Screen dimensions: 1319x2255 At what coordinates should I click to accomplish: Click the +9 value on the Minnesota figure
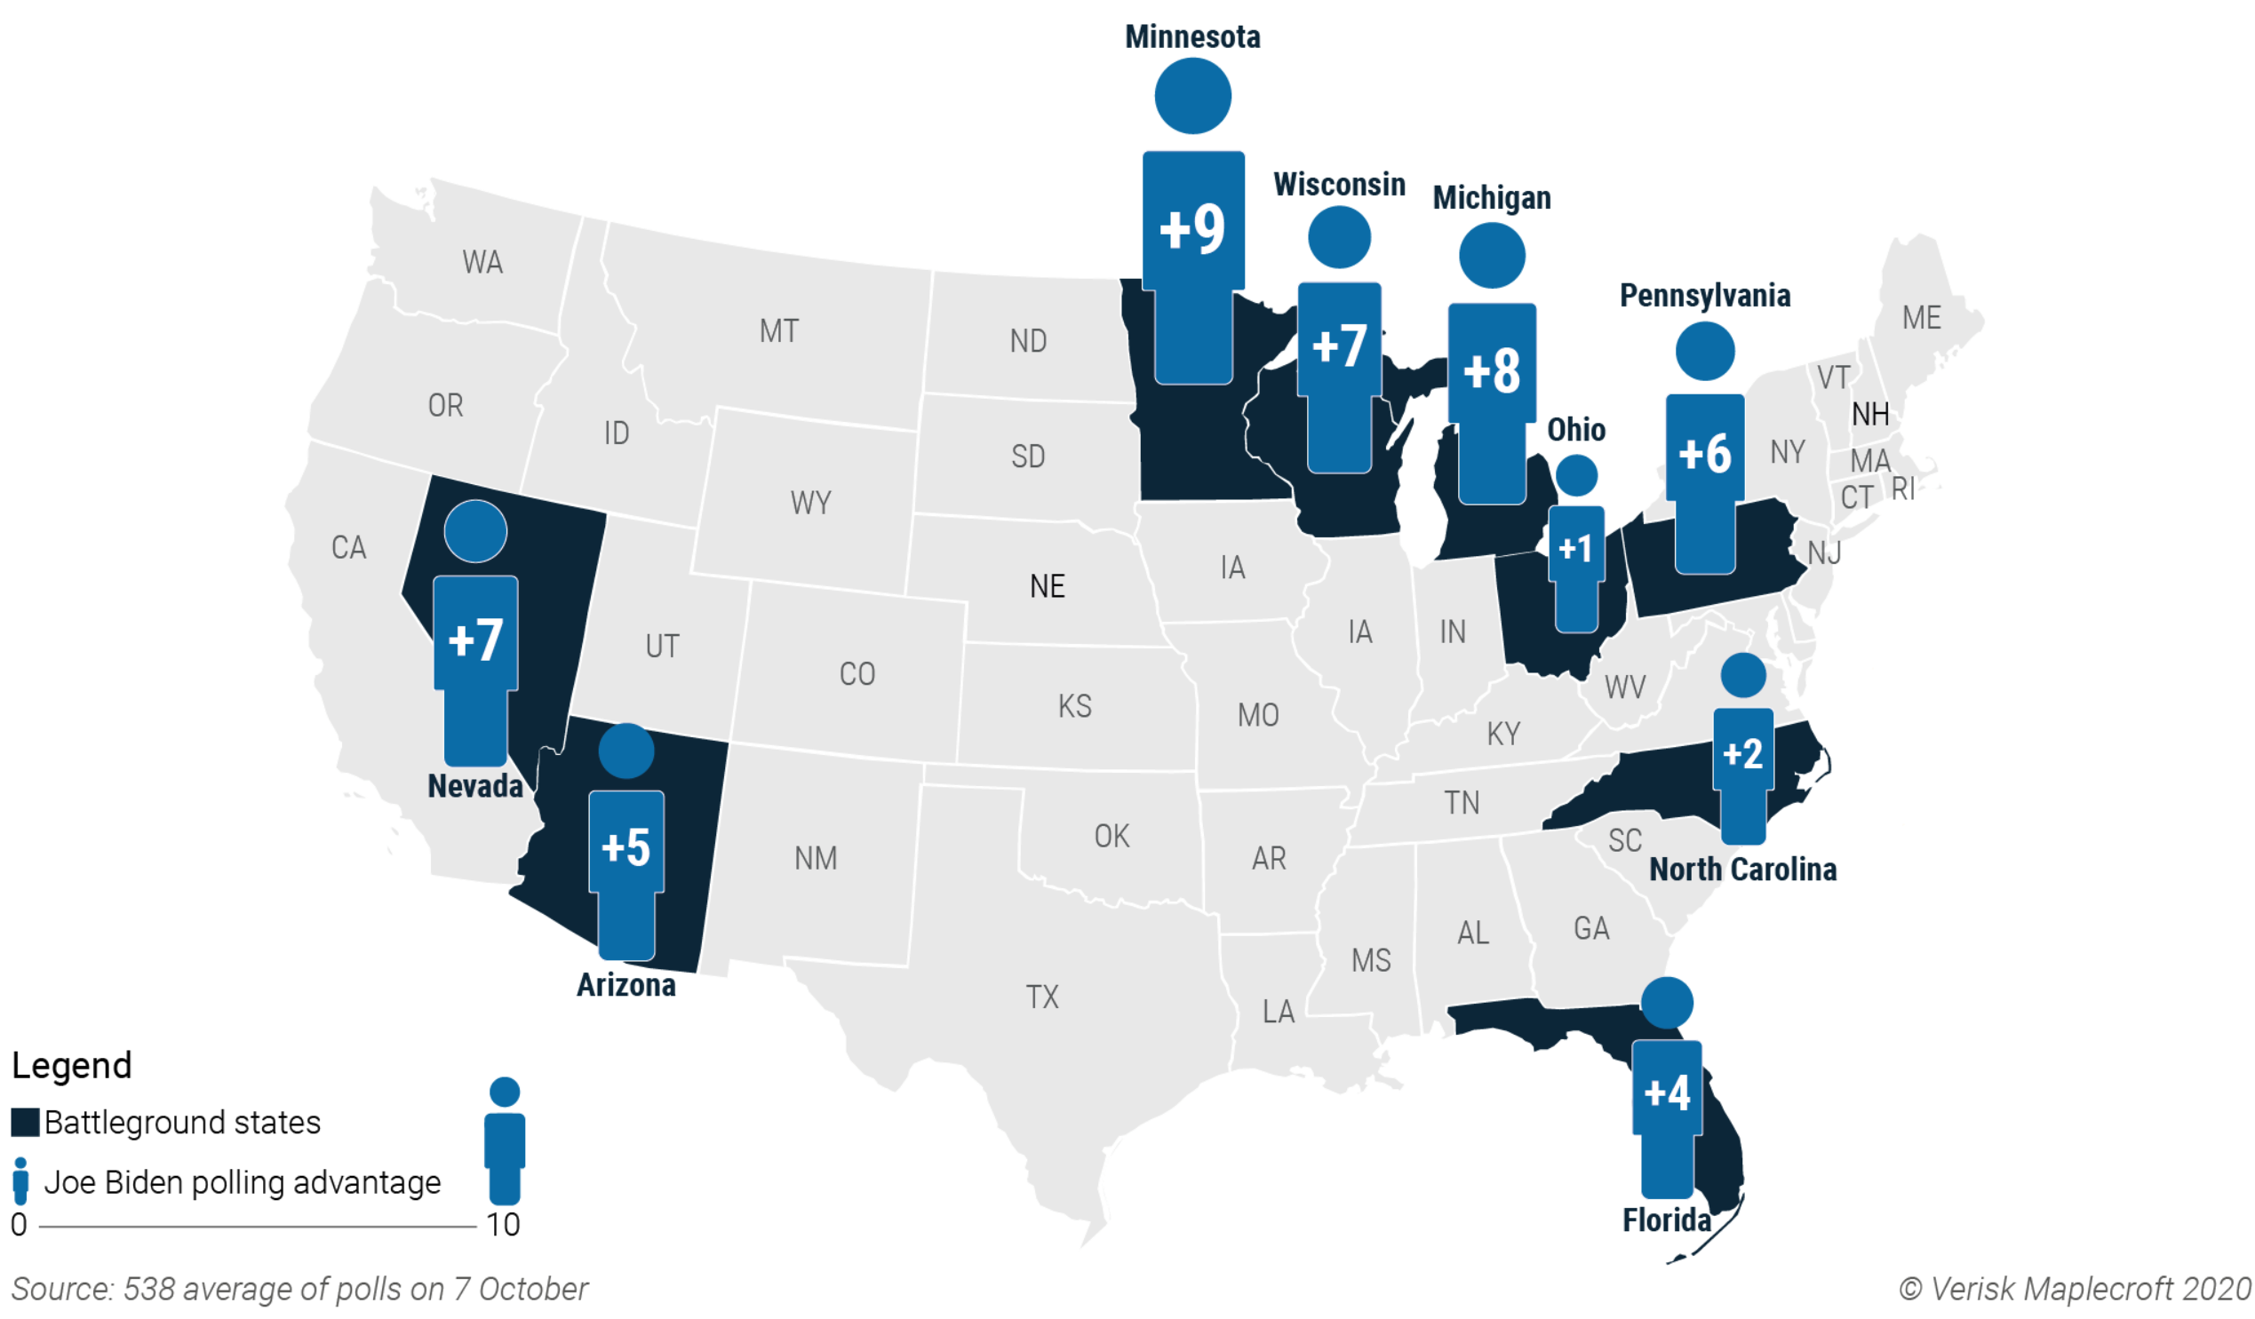coord(1192,228)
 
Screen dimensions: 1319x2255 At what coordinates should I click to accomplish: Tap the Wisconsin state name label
coord(1339,185)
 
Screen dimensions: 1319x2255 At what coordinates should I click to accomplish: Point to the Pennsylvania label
coord(1705,295)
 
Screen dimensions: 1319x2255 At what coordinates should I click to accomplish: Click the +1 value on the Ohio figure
coord(1576,548)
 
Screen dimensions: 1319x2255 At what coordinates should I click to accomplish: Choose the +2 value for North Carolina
coord(1742,753)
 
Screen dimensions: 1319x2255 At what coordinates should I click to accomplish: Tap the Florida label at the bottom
coord(1666,1220)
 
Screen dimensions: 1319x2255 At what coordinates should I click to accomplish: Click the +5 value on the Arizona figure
coord(626,846)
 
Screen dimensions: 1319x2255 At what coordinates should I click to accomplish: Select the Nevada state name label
coord(475,786)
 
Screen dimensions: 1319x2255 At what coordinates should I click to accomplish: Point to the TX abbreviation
coord(1041,997)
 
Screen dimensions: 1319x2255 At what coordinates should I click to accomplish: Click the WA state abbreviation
coord(482,262)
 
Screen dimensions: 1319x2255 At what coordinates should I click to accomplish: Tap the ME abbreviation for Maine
coord(1921,318)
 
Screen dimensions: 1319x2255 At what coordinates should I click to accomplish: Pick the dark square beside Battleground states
coord(25,1122)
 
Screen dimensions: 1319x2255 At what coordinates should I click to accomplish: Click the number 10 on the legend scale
coord(503,1224)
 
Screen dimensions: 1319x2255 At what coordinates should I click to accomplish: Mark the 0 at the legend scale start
coord(19,1224)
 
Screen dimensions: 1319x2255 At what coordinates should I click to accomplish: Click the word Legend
coord(72,1065)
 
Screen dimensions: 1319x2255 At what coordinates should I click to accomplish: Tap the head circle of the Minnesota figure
coord(1192,96)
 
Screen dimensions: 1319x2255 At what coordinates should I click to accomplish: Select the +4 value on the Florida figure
coord(1666,1093)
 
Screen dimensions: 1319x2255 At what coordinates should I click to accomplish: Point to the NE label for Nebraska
coord(1047,586)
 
